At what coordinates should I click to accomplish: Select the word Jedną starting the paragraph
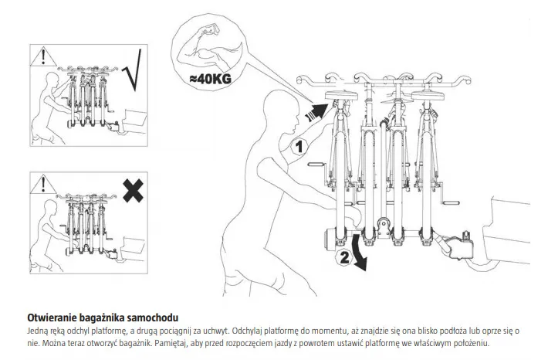pyautogui.click(x=38, y=330)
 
